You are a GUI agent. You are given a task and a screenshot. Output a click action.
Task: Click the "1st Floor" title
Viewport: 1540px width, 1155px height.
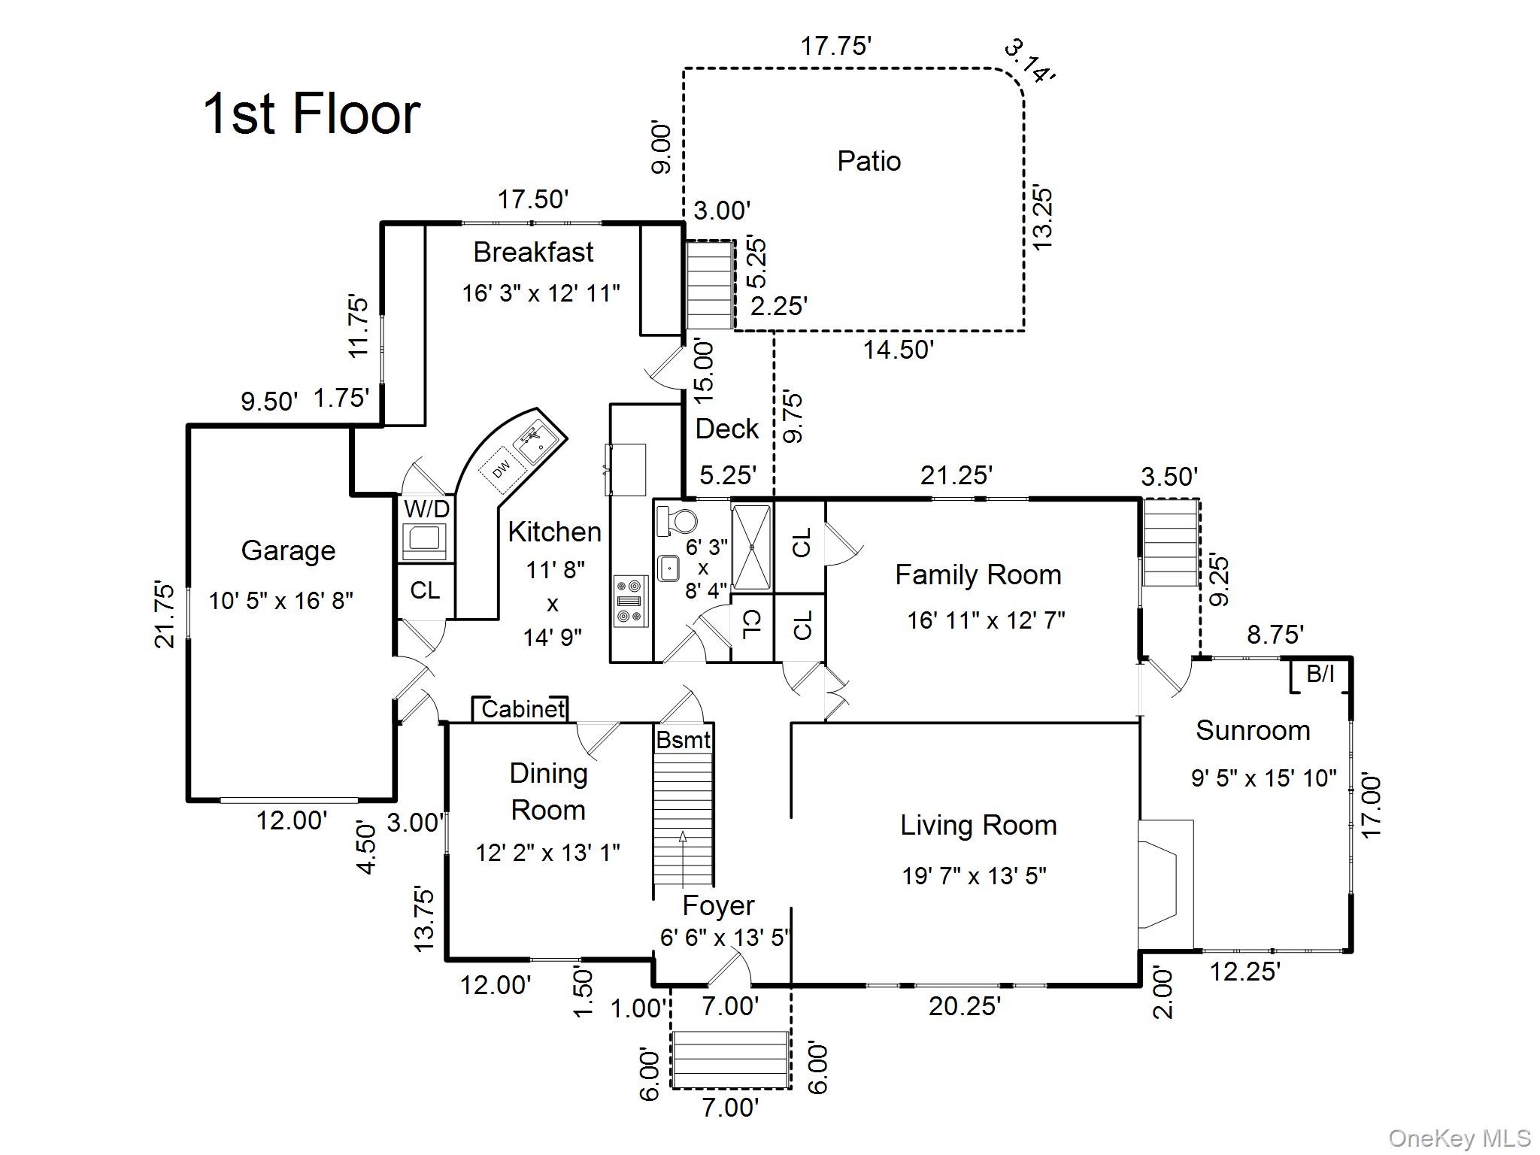coord(311,114)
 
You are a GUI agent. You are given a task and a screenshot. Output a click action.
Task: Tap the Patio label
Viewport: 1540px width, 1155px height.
coord(869,161)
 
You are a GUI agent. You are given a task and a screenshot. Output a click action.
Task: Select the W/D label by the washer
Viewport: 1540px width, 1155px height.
coord(426,508)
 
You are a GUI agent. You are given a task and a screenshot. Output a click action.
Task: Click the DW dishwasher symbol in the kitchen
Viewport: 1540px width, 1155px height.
coord(501,468)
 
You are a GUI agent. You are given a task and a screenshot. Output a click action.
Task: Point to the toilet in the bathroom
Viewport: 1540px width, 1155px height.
coord(676,521)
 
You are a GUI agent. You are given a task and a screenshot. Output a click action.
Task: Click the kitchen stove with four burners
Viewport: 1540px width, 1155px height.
coord(631,601)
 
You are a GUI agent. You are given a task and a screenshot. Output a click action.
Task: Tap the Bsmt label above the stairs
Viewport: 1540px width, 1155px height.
coord(683,740)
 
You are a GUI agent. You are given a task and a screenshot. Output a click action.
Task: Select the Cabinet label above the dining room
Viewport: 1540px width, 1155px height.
coord(523,709)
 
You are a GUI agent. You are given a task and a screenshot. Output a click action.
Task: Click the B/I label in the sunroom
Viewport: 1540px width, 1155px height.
coord(1320,674)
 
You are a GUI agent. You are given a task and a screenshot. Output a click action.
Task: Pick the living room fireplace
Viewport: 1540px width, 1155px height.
coord(1165,884)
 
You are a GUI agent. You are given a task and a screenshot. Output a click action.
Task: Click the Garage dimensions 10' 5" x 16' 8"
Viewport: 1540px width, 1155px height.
coord(280,601)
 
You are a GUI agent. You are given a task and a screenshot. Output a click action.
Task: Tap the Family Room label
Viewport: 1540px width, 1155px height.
coord(978,575)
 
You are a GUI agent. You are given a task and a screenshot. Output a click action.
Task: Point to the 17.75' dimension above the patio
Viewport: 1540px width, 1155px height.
coord(835,46)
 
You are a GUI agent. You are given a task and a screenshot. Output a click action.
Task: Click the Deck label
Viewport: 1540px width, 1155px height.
coord(726,429)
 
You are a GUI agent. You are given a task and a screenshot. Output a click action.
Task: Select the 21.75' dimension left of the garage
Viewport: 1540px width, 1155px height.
coord(165,614)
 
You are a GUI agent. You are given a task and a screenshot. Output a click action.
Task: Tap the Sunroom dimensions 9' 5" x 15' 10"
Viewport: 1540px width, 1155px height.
coord(1263,778)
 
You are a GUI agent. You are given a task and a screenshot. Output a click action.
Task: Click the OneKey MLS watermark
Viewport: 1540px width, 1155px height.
coord(1460,1139)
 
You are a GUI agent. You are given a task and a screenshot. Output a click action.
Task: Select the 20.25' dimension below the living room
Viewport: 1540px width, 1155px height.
coord(964,1006)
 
